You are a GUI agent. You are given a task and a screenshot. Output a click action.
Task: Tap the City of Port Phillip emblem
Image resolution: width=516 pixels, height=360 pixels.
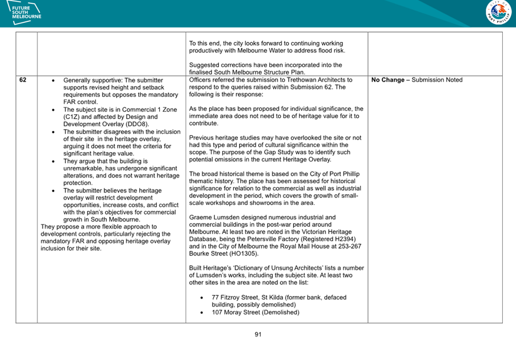coord(498,13)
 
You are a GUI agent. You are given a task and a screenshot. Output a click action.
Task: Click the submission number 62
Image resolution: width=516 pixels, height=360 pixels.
coord(22,80)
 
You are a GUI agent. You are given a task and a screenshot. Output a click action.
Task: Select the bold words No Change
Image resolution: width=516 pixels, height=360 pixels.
coord(388,80)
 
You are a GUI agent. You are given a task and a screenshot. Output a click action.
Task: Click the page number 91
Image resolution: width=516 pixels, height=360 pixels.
coord(258,334)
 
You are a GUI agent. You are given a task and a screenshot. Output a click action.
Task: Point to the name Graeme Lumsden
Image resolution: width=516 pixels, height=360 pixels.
coord(214,218)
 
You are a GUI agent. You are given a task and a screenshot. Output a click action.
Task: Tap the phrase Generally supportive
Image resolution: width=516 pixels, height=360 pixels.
coord(93,80)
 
